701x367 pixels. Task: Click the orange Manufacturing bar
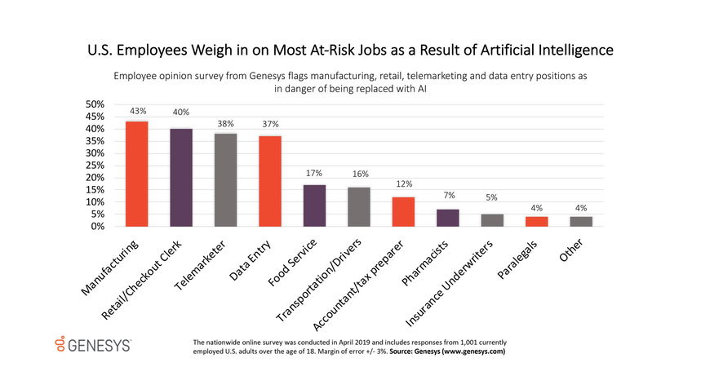(136, 174)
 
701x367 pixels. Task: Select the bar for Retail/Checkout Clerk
(181, 177)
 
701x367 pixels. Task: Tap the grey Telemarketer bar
(225, 179)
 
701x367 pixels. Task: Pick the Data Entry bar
(270, 181)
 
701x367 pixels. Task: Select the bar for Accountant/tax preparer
(404, 211)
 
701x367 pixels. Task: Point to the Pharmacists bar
(448, 218)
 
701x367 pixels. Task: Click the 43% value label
(136, 111)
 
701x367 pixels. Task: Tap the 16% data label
(360, 174)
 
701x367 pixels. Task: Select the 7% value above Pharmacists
(449, 196)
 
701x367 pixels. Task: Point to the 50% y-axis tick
(95, 104)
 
